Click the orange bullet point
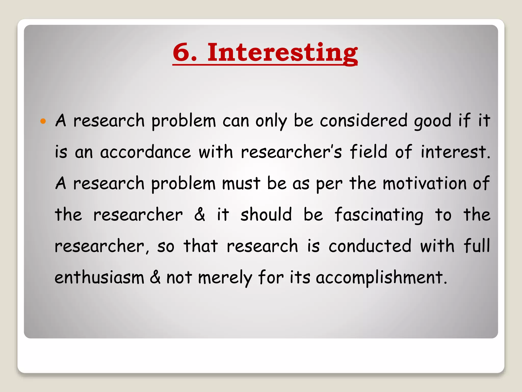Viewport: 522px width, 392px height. (x=43, y=121)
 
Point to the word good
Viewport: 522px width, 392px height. (x=433, y=121)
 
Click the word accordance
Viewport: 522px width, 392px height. (x=145, y=152)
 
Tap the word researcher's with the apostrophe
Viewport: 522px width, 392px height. (x=291, y=152)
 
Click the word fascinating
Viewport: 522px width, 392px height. (x=379, y=215)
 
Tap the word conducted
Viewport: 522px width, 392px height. (x=370, y=246)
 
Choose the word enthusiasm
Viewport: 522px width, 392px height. (x=99, y=278)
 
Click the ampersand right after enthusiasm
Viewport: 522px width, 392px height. (x=155, y=277)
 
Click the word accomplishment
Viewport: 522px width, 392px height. (x=381, y=278)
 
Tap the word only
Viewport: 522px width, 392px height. (x=271, y=121)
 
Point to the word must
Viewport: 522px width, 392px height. (x=241, y=183)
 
